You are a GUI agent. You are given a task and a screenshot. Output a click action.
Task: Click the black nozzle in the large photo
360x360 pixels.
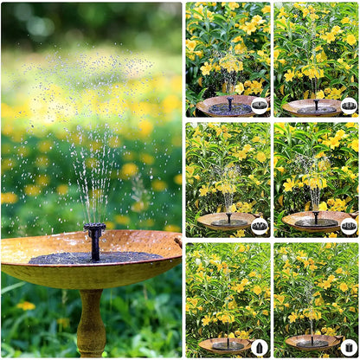tap(94, 240)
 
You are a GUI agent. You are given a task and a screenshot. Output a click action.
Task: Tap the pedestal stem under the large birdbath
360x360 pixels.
tap(91, 324)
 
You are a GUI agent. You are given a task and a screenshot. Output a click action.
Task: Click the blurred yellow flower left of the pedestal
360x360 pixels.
tap(26, 305)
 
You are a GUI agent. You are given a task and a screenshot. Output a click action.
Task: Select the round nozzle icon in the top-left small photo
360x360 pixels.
tap(260, 106)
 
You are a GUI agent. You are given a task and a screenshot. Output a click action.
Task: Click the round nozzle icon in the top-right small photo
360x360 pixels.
tap(348, 106)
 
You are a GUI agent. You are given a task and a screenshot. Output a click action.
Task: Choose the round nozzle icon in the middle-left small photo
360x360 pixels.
tap(260, 226)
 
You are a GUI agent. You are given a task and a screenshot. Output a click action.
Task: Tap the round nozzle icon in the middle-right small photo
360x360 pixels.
tap(348, 226)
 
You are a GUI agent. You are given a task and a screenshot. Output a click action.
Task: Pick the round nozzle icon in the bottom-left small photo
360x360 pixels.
tap(260, 347)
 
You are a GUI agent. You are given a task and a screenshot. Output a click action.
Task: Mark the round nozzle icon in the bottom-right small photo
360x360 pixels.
tap(348, 347)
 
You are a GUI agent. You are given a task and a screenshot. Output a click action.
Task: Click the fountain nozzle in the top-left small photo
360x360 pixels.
tap(229, 101)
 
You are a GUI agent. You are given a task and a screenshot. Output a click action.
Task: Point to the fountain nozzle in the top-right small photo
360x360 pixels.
tap(315, 102)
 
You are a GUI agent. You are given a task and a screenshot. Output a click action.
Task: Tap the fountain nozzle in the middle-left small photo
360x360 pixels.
tap(228, 217)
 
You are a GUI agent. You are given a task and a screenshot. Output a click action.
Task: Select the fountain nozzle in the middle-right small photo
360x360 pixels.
tap(316, 216)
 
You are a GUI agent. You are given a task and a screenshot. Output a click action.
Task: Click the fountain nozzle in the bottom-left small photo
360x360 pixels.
tap(228, 339)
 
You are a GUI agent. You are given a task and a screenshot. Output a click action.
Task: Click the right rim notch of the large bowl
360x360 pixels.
tap(179, 243)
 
